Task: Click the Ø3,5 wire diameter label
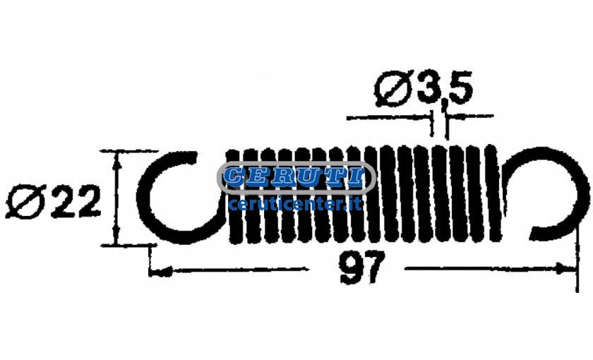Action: click(424, 88)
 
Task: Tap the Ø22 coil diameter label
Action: click(53, 202)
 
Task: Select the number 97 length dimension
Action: click(362, 268)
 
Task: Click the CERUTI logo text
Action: click(296, 177)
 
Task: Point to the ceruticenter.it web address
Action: click(296, 205)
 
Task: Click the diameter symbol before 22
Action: click(25, 202)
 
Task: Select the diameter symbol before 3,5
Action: click(393, 88)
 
